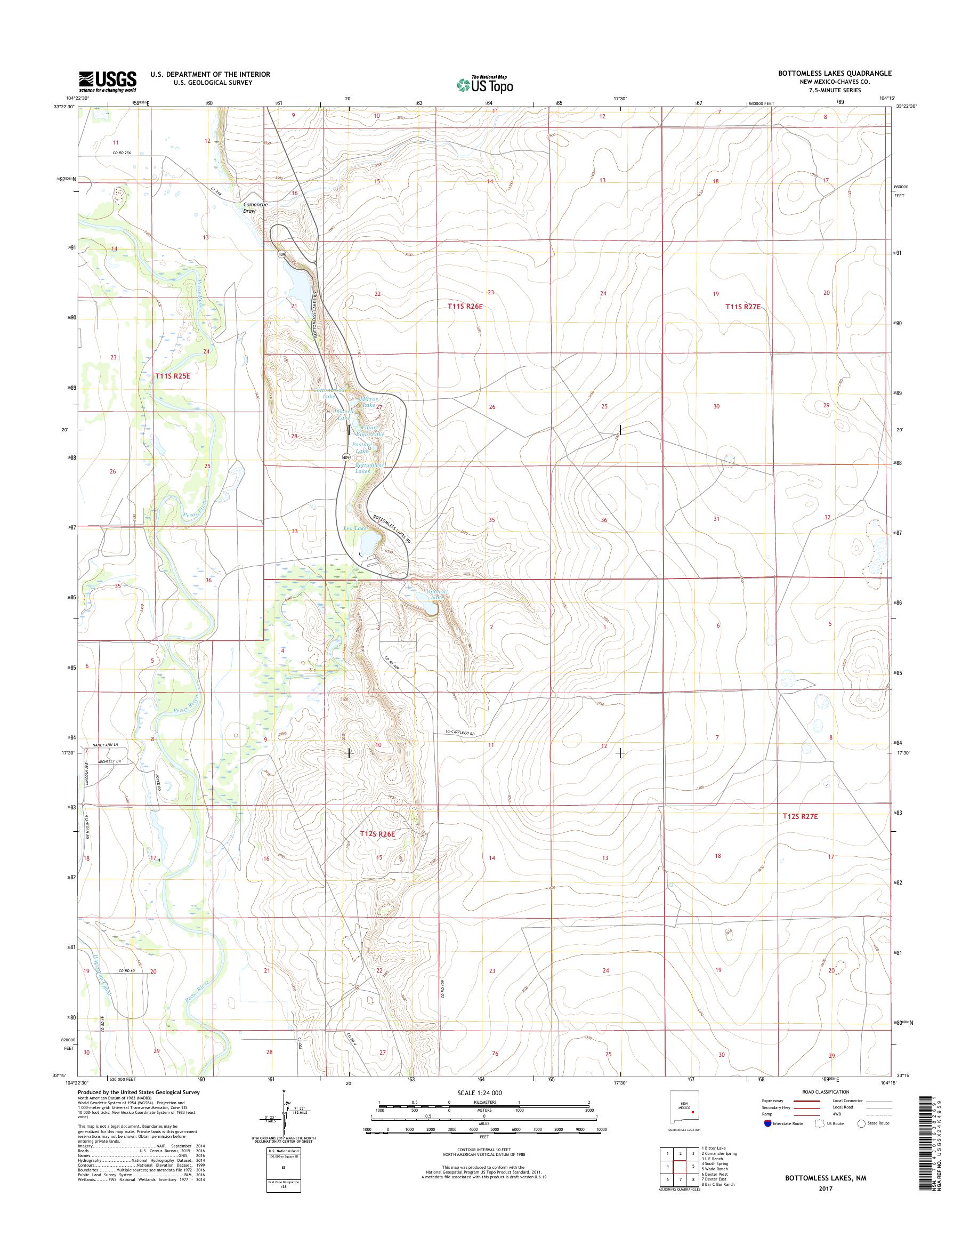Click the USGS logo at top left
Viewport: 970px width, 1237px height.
point(108,81)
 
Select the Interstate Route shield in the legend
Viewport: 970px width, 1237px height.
point(769,1123)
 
